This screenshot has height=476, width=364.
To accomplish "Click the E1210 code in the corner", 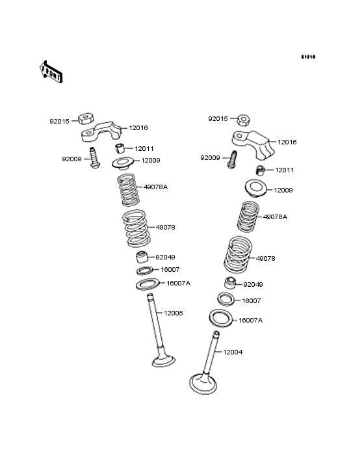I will pos(307,57).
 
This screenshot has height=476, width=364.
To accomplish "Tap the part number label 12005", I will pos(173,313).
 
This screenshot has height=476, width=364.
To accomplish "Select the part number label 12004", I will pos(233,352).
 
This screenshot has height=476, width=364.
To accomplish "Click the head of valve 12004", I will pos(204,382).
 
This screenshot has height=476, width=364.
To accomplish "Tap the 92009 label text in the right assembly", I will pos(210,157).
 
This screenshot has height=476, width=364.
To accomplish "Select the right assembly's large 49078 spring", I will pos(239,255).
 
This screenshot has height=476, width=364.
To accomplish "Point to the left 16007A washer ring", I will pos(148,284).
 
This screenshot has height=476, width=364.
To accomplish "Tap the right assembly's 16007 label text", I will pos(252,301).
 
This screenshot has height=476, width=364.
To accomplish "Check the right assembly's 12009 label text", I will pos(283,191).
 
